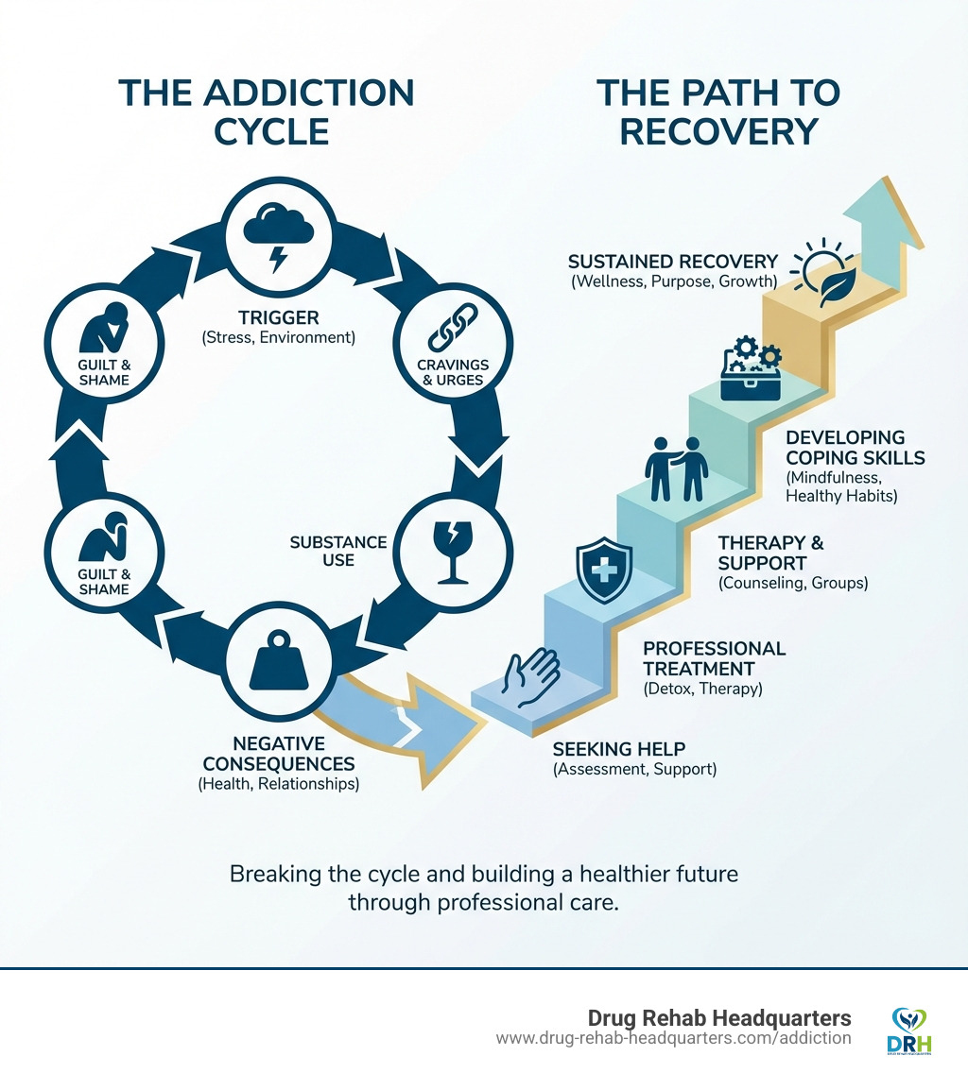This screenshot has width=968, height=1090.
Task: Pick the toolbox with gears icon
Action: coord(752,370)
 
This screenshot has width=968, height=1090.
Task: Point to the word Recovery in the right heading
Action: coord(718,131)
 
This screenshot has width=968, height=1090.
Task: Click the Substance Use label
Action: coord(337,551)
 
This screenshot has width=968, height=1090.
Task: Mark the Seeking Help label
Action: coord(612,749)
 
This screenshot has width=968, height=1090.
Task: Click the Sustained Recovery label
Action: coord(673,262)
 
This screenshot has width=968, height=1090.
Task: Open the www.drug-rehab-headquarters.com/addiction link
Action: coord(674,1038)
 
